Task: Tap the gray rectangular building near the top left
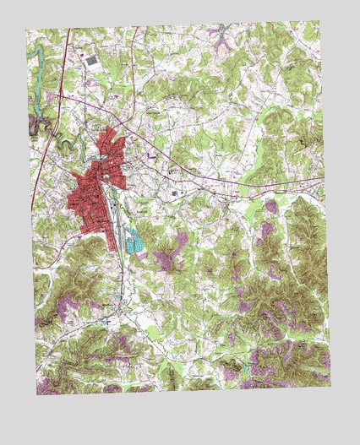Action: pos(91,61)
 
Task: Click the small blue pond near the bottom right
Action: pos(246,369)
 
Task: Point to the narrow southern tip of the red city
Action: pos(114,245)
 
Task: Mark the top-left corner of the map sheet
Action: pos(26,30)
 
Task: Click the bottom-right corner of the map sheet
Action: pos(331,387)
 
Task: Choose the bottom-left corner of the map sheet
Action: pos(38,394)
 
